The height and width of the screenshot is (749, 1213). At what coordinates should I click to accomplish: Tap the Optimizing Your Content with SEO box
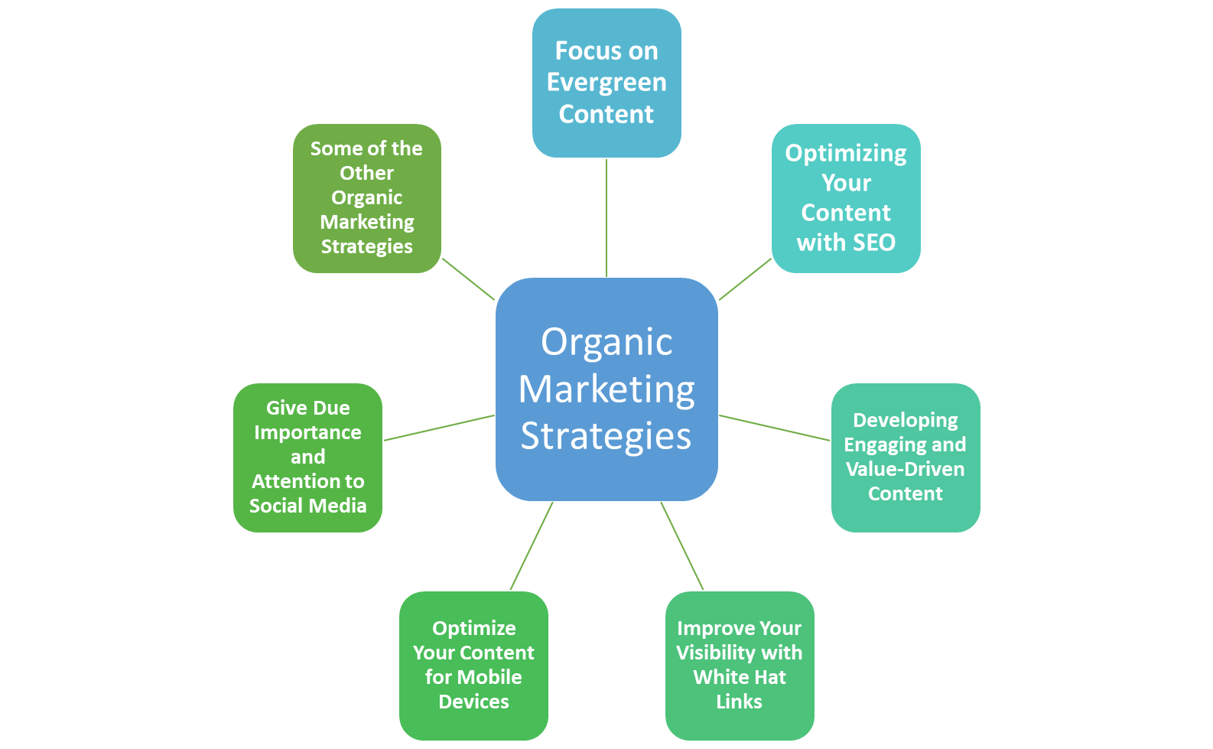[x=846, y=197]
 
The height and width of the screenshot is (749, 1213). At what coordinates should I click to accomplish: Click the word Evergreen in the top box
[x=606, y=82]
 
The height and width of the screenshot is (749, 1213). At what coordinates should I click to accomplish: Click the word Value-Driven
[x=906, y=469]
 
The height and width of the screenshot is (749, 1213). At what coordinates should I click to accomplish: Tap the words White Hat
[x=740, y=677]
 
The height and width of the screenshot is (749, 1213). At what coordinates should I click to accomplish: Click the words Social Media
[x=307, y=506]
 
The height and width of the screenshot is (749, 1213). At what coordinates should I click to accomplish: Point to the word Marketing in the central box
[x=606, y=389]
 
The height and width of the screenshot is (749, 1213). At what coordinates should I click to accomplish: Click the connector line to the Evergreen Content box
[x=606, y=218]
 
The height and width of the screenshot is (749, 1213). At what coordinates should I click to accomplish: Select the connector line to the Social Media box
[x=439, y=428]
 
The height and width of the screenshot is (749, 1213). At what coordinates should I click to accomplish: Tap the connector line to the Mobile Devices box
[x=531, y=546]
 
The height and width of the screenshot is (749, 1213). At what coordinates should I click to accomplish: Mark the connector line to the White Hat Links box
[x=682, y=546]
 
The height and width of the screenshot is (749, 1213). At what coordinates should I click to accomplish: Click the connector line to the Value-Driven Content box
[x=775, y=428]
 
